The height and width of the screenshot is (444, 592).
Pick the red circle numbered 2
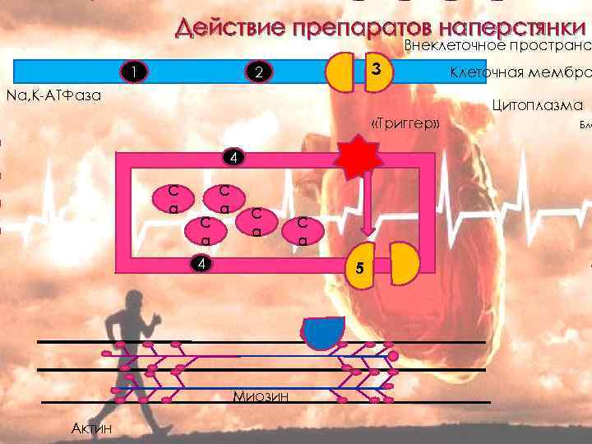tap(257, 73)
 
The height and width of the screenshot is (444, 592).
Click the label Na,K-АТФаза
tap(53, 96)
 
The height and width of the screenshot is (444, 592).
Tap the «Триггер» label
tap(406, 124)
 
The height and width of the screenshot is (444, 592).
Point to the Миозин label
tap(261, 397)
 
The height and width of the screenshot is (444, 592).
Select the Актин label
tap(92, 428)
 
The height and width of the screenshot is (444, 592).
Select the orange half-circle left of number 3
tap(341, 72)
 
